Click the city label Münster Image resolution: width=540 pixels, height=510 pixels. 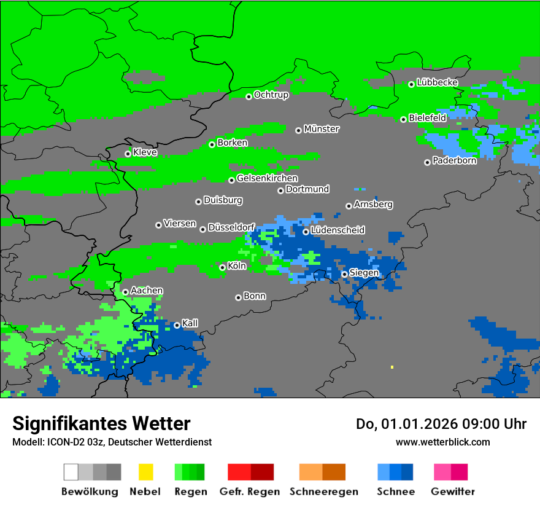pos(322,129)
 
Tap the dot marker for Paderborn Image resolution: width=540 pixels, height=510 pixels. pos(427,162)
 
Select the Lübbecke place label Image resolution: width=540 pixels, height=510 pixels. pos(437,82)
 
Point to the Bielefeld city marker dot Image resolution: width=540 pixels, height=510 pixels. pos(403,119)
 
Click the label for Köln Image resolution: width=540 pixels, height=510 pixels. pos(236,266)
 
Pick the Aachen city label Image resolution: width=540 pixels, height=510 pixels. pos(147,291)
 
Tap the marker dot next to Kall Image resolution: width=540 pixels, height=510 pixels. pos(177,325)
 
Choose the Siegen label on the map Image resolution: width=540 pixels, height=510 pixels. pos(364,273)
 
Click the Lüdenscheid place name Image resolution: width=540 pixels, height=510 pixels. pos(337,230)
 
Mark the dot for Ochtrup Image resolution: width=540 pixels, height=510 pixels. pos(249,96)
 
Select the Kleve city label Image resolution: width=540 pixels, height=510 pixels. pos(145,152)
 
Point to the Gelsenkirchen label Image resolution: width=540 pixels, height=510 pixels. pos(267,179)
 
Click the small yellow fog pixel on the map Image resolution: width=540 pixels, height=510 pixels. pos(391,367)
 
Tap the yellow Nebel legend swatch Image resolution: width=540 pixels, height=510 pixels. pos(145,472)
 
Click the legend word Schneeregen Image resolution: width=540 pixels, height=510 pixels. pos(323,492)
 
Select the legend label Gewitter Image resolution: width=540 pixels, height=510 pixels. pos(452,492)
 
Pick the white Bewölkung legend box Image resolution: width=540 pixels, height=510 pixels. pos(71,472)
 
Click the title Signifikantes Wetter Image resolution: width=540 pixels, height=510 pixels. pos(101,423)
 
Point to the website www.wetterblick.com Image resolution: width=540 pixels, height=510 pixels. pos(442,442)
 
